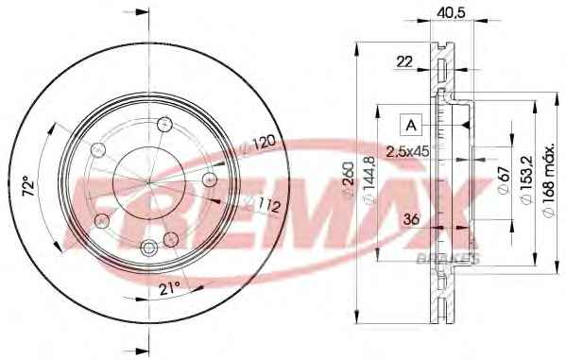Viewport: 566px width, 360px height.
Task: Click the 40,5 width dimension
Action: coord(451,12)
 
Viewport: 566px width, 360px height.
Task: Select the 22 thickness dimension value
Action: coord(404,61)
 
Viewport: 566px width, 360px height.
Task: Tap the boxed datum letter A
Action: coord(411,125)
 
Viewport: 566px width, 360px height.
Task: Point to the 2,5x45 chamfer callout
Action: coord(407,151)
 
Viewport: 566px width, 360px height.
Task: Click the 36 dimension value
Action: coord(411,219)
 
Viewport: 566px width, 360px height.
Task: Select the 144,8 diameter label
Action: coord(370,180)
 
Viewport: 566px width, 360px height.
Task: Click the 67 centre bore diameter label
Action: coord(504,180)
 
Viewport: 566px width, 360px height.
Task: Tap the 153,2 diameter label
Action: coord(526,180)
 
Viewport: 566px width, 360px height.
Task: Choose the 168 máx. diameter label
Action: coord(549,180)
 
